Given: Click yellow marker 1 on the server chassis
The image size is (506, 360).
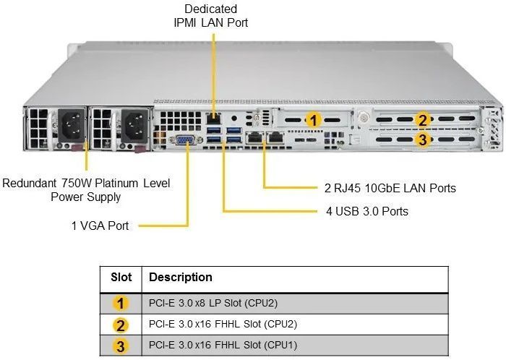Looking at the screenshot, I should coord(312,120).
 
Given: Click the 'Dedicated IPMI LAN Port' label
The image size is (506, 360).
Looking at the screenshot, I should coord(211,16).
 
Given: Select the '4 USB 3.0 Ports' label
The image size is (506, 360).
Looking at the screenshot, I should coord(366,211).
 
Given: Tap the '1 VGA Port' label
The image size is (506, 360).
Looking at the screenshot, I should coord(100,226).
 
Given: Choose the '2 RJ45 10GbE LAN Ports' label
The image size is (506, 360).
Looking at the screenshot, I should coord(390,188).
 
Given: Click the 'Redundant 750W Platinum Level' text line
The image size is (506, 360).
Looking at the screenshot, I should coord(87,183).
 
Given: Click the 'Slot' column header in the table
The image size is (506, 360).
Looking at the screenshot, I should coord(121,278).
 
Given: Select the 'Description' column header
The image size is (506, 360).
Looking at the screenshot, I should coord(181,278).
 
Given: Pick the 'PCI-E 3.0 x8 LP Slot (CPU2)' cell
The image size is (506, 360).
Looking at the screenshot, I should coord(215,302).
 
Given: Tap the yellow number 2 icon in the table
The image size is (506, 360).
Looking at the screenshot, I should coord(121,324).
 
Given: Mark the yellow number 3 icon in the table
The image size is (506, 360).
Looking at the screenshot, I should coord(121,345).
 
